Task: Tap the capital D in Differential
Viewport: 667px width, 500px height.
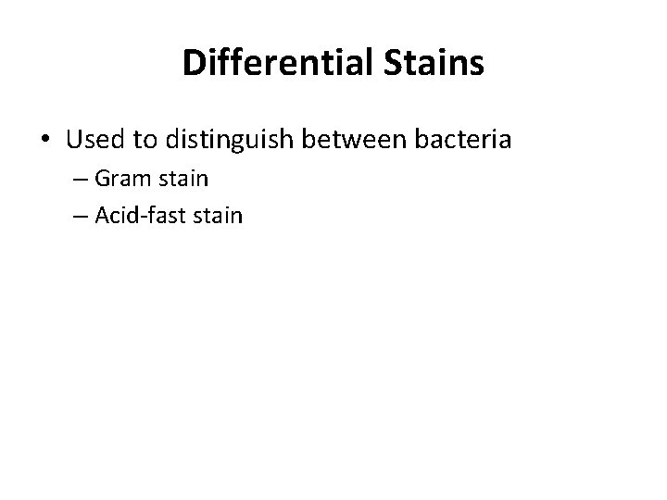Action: [x=193, y=63]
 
